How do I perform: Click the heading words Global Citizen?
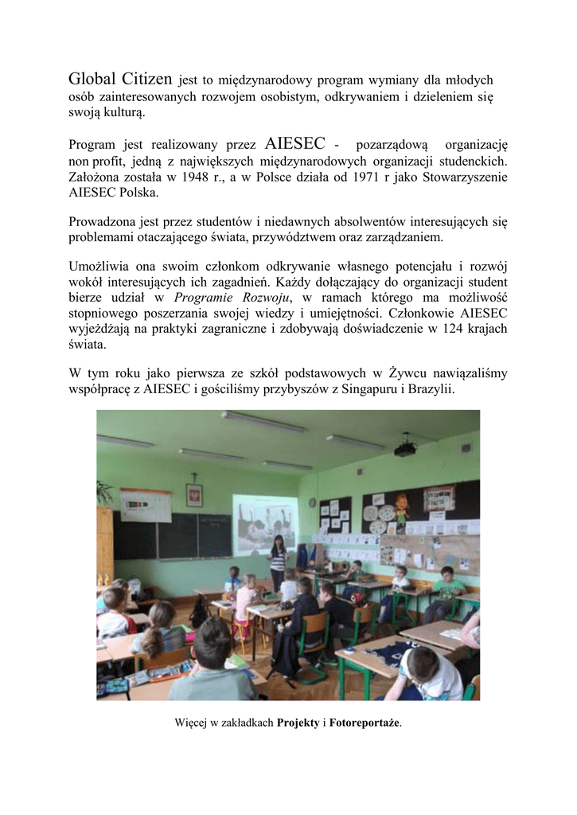coord(120,79)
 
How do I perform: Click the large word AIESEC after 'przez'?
coord(294,144)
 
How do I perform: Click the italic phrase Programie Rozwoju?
coord(244,297)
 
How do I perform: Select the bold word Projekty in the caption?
coord(298,723)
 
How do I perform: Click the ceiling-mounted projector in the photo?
coord(406,450)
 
